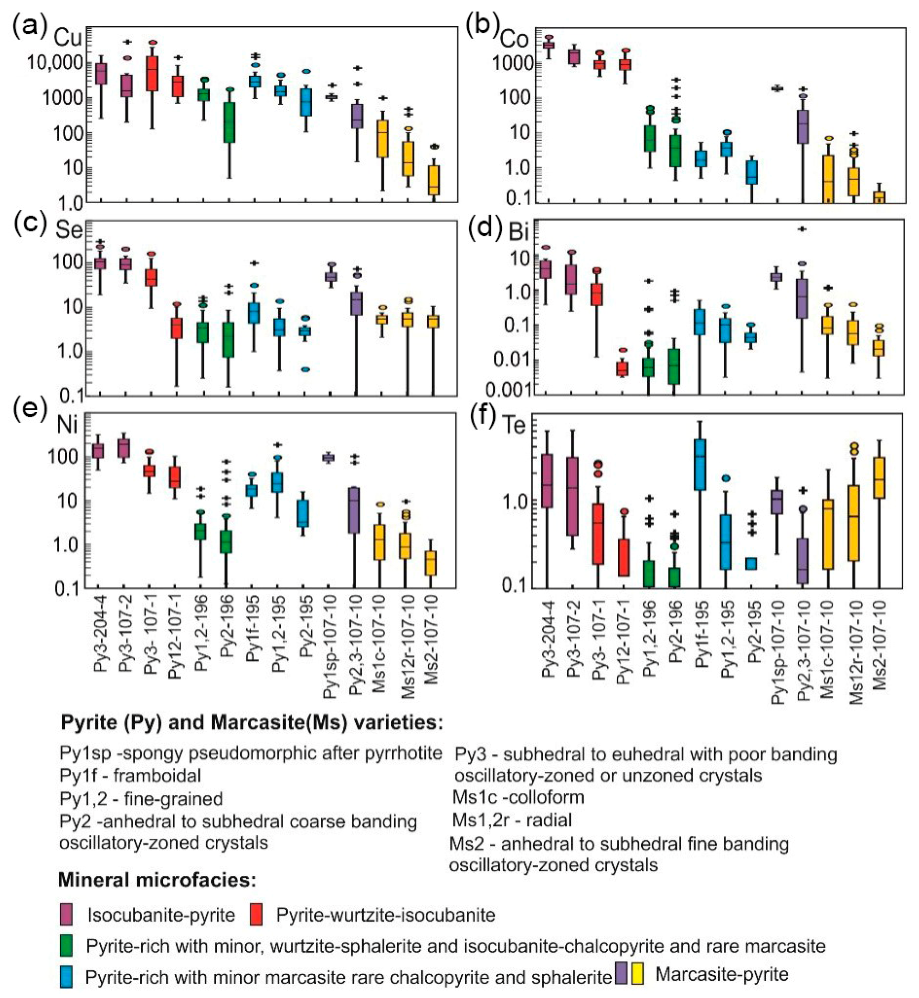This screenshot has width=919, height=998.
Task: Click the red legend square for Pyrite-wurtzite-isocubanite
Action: tap(256, 915)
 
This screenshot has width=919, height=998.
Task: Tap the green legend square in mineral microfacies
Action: tap(66, 946)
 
